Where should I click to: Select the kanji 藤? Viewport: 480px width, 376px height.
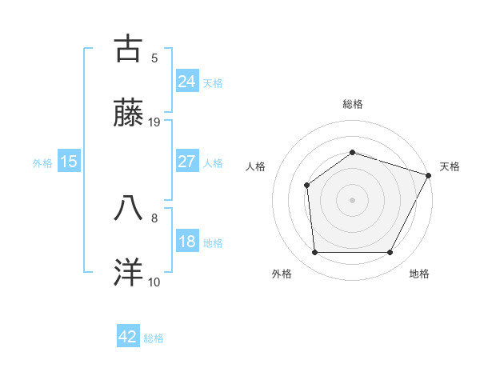tap(128, 113)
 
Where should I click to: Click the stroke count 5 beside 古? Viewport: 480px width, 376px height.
tap(154, 58)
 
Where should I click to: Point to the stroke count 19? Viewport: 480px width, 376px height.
tap(154, 122)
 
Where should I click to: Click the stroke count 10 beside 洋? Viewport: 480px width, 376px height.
tap(154, 282)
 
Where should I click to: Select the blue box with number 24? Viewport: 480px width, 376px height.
tap(186, 81)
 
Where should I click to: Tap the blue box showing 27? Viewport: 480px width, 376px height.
tap(186, 162)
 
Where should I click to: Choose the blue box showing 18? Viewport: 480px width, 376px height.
tap(186, 242)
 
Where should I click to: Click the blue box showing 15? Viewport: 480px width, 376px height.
tap(69, 162)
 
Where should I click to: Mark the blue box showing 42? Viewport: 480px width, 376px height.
tap(128, 337)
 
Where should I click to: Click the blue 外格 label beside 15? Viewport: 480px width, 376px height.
tap(42, 163)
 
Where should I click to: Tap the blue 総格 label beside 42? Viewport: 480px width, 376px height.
tap(154, 338)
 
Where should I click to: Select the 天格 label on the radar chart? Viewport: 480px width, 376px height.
tap(450, 166)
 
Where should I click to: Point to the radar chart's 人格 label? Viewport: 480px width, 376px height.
tap(256, 166)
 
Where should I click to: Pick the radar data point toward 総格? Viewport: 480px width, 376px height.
tap(352, 152)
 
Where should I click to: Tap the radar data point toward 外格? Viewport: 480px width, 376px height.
tap(314, 252)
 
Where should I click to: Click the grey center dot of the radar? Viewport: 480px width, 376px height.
tap(352, 200)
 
